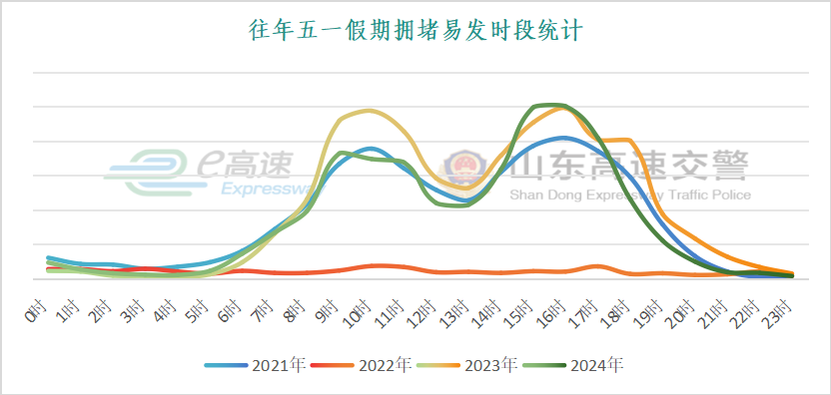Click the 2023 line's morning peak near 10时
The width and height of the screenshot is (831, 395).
370,110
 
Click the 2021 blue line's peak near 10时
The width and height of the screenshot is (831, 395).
372,149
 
